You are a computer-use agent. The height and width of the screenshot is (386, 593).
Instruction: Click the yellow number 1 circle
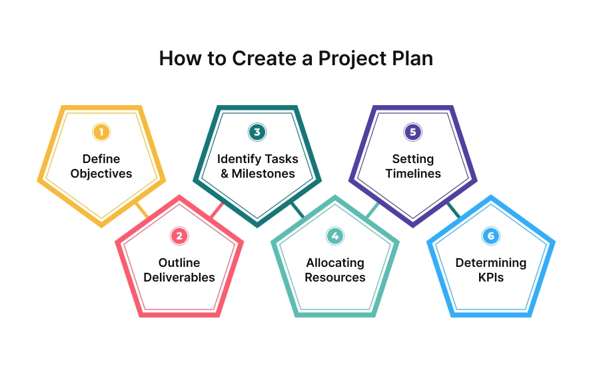[101, 132]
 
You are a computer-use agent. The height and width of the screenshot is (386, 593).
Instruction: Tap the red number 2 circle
[179, 236]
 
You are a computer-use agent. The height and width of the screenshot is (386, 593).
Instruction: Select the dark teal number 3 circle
[257, 132]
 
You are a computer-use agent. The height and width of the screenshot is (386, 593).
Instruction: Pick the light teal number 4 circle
[335, 236]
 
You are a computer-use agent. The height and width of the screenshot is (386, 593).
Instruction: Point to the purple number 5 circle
[413, 132]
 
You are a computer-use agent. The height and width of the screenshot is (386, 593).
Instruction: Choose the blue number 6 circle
[491, 236]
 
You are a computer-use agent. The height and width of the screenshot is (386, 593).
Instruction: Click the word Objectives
[101, 174]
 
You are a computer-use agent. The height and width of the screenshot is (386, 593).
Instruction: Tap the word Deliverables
[179, 278]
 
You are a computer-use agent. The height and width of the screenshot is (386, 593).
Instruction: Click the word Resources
[335, 278]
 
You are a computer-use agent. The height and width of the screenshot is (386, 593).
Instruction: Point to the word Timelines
[413, 174]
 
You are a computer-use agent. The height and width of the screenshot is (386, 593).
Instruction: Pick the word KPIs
[491, 278]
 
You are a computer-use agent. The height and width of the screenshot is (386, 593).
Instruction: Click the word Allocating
[335, 263]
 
